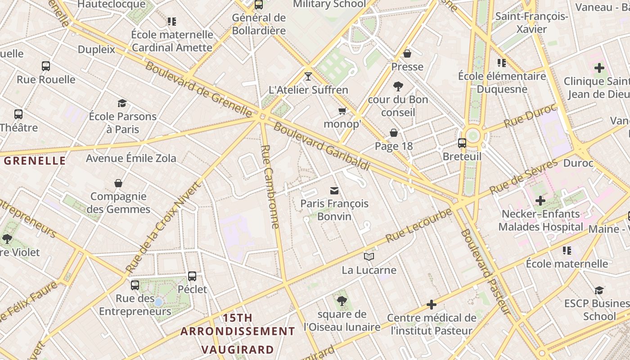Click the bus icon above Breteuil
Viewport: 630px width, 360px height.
click(462, 143)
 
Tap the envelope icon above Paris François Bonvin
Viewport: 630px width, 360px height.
click(334, 191)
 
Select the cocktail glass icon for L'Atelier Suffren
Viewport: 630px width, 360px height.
click(308, 76)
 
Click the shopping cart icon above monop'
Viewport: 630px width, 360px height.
click(342, 111)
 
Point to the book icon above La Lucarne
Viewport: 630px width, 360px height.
click(369, 256)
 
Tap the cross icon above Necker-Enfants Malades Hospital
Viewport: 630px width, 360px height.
click(540, 200)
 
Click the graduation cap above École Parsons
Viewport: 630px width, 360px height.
click(122, 103)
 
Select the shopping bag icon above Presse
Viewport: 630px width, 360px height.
click(407, 54)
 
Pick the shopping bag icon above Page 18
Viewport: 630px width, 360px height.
click(394, 133)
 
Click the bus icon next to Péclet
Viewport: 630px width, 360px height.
click(192, 276)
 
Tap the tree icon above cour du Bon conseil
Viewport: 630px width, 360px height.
click(398, 86)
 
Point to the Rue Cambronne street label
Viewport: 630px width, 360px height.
click(270, 186)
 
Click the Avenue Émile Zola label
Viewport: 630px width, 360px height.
click(131, 158)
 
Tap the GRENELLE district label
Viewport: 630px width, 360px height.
click(35, 161)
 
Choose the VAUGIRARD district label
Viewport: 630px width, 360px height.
click(237, 350)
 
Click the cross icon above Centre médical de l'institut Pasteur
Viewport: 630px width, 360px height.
click(432, 305)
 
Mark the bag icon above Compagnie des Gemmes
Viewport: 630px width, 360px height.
click(118, 183)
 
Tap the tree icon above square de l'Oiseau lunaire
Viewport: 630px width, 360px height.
click(342, 301)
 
